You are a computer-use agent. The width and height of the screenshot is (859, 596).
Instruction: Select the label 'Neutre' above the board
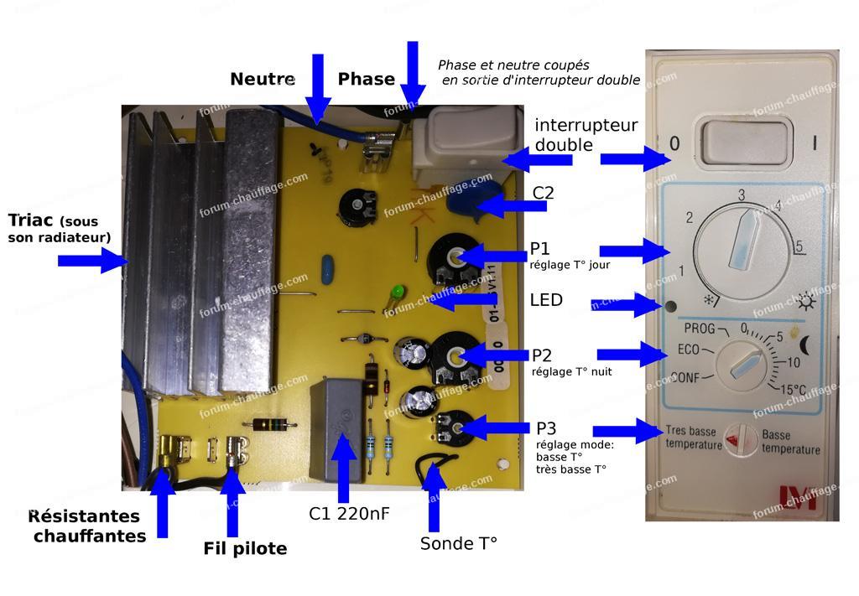[x=262, y=80]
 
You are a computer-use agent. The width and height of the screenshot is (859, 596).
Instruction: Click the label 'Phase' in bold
[x=366, y=80]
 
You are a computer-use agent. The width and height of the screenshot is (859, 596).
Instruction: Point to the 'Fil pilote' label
[x=245, y=549]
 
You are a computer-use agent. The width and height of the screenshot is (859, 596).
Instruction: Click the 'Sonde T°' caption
[x=458, y=543]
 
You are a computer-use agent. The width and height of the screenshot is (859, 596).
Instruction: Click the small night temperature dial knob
[x=742, y=365]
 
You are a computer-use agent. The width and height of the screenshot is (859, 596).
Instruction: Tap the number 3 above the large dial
[x=742, y=195]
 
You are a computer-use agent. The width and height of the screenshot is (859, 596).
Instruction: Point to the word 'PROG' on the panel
[x=699, y=328]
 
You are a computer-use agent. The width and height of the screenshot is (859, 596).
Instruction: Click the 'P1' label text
[x=539, y=249]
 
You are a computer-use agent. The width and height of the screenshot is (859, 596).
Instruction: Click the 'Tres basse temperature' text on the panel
[x=693, y=438]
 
